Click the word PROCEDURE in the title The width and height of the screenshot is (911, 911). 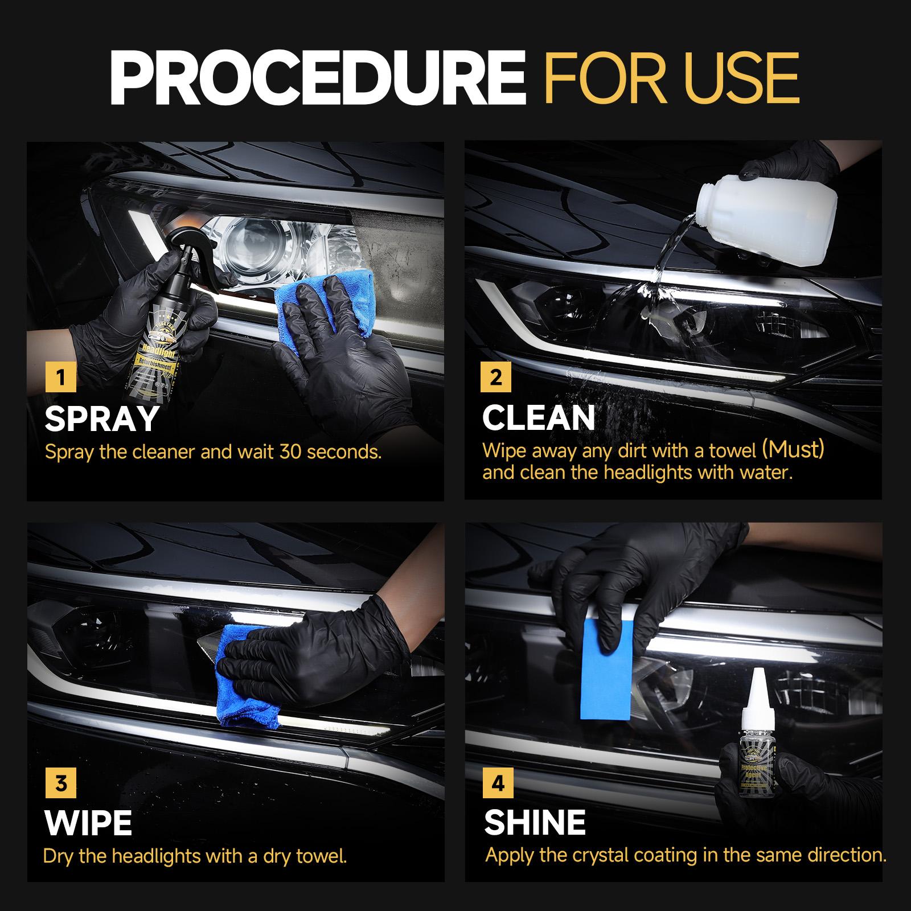click(317, 79)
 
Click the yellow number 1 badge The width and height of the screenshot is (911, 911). click(60, 377)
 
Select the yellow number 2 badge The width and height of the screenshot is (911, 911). click(496, 377)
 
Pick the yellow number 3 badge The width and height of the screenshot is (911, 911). click(60, 784)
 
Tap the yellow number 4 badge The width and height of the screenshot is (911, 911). click(497, 784)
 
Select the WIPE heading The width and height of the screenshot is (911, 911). click(88, 823)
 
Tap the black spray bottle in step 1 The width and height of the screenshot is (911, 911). click(142, 342)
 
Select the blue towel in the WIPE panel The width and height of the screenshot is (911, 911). click(245, 683)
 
